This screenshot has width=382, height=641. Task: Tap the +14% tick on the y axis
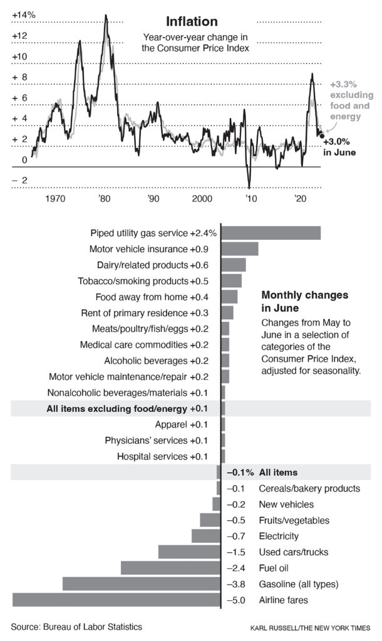24,14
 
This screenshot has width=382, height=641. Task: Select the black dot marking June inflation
322,135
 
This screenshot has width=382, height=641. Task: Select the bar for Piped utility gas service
271,233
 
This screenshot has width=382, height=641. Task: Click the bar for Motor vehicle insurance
240,249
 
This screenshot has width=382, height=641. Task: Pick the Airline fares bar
116,600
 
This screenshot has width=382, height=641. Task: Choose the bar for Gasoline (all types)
142,584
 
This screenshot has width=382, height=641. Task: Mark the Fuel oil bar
170,568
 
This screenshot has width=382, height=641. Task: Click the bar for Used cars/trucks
189,552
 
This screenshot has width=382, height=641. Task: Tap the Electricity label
279,536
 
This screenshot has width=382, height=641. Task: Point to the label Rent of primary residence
135,312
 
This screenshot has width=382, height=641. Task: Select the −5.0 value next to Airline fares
235,600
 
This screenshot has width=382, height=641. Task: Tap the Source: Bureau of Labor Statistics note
76,626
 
